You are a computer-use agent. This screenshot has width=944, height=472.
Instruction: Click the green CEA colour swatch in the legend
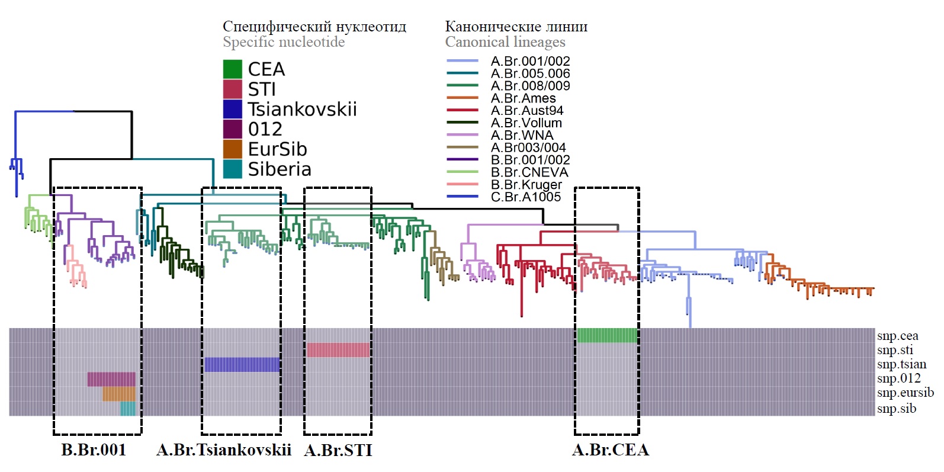(x=232, y=69)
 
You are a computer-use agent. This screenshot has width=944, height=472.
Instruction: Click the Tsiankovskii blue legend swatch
(x=232, y=109)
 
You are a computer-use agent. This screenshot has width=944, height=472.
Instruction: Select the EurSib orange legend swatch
(x=232, y=149)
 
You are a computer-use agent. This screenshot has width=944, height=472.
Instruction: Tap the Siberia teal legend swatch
(x=232, y=169)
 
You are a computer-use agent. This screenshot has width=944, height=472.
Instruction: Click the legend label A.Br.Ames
(x=523, y=98)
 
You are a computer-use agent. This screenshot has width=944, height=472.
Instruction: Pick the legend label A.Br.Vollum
(x=526, y=123)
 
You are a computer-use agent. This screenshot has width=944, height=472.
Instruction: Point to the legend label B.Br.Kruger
(x=526, y=185)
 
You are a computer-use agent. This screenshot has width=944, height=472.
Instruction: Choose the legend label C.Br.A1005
(x=525, y=197)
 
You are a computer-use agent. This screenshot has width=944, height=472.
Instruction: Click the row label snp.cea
(x=897, y=336)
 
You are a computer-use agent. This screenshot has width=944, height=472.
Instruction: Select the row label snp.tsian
(x=901, y=364)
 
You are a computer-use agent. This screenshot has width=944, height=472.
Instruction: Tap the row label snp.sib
(x=896, y=408)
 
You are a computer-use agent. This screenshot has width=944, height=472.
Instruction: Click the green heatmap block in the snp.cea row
(x=607, y=335)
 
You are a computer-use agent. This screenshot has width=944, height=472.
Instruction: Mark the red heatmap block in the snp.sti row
(x=338, y=349)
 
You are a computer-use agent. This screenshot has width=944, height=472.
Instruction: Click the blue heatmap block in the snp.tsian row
(x=242, y=364)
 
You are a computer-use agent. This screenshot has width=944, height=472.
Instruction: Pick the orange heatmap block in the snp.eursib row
(x=118, y=394)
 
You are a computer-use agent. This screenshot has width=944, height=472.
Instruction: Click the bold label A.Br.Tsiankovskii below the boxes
(x=224, y=450)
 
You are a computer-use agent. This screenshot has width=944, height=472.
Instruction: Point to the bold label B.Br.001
(x=94, y=450)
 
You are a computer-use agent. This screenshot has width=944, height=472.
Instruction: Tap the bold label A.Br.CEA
(x=610, y=450)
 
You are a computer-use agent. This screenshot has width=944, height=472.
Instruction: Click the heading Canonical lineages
(x=505, y=42)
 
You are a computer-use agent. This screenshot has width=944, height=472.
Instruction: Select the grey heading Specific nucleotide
(x=283, y=42)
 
